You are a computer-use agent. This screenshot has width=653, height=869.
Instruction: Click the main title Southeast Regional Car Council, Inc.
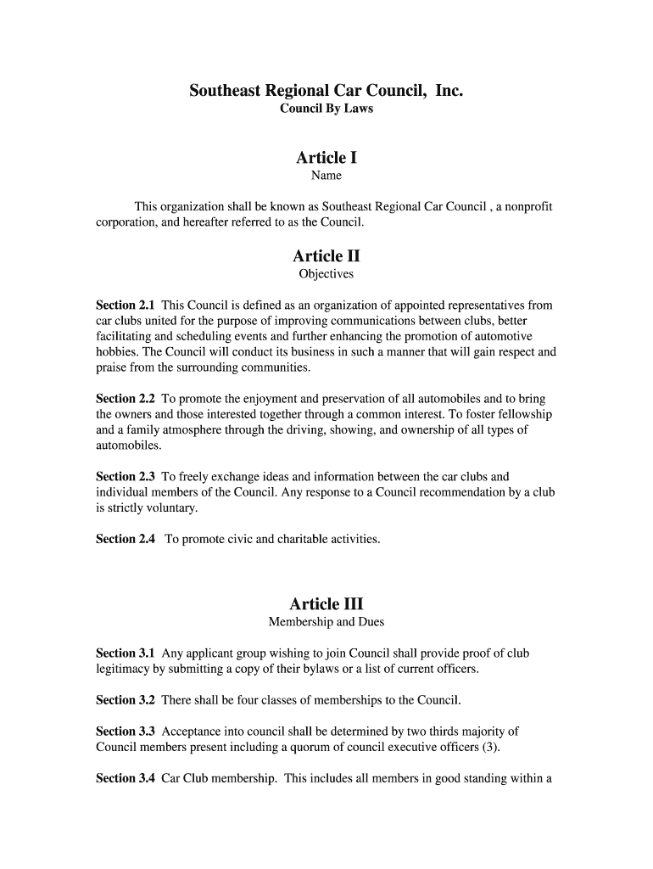pyautogui.click(x=326, y=90)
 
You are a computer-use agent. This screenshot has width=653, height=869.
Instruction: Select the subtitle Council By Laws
pyautogui.click(x=326, y=109)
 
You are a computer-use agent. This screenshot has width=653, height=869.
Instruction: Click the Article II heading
pyautogui.click(x=326, y=256)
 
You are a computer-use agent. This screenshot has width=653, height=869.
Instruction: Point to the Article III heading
pyautogui.click(x=326, y=604)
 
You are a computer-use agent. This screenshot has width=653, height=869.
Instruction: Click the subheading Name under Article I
pyautogui.click(x=326, y=176)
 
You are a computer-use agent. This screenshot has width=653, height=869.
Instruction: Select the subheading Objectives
pyautogui.click(x=326, y=274)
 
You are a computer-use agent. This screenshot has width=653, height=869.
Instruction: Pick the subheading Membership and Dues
pyautogui.click(x=326, y=622)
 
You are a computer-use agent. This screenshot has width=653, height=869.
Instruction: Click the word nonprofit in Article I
pyautogui.click(x=528, y=207)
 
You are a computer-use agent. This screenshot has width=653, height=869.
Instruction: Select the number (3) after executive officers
pyautogui.click(x=490, y=747)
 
